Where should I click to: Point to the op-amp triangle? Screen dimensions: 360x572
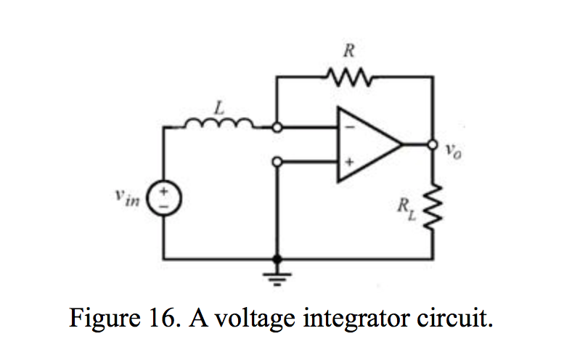(x=367, y=144)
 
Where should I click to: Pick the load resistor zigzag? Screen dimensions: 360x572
(x=435, y=207)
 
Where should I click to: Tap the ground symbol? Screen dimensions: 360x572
(x=277, y=276)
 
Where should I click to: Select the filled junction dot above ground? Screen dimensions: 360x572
(x=277, y=258)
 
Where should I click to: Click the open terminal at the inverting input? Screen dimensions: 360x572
(x=277, y=127)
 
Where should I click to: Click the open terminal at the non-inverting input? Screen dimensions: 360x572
(x=277, y=163)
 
